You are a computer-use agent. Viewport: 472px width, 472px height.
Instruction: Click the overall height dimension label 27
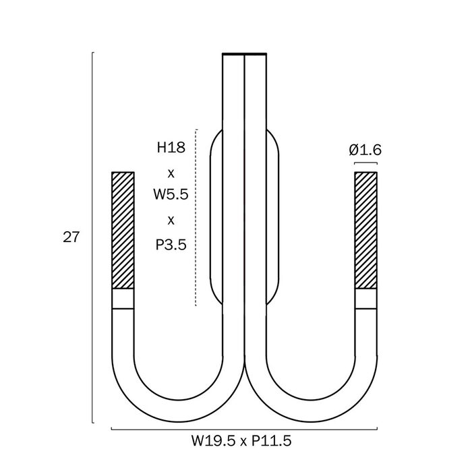click(x=71, y=237)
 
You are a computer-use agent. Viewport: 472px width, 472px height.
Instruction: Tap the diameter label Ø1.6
click(x=365, y=150)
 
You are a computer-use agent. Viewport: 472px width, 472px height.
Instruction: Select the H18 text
click(x=171, y=148)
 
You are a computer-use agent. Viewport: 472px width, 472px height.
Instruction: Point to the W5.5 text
click(x=171, y=194)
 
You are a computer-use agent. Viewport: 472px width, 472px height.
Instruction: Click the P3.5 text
click(x=171, y=244)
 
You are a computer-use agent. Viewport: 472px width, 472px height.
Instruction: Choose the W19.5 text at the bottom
click(x=213, y=441)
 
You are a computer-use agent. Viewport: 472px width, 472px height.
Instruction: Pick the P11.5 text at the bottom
click(x=272, y=441)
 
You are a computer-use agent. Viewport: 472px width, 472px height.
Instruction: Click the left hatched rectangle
click(x=123, y=231)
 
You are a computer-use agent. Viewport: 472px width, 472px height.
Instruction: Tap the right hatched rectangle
click(x=365, y=231)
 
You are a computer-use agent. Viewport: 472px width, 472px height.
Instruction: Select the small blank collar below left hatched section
click(x=123, y=299)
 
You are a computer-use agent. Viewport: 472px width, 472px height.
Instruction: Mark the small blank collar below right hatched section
click(x=365, y=299)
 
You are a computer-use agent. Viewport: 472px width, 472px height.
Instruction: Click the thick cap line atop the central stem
click(x=244, y=54)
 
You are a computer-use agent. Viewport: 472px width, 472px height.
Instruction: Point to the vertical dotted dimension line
click(x=196, y=218)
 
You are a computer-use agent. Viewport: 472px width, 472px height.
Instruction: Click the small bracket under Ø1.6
click(x=365, y=163)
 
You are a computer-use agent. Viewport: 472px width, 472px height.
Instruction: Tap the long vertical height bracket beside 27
click(x=92, y=237)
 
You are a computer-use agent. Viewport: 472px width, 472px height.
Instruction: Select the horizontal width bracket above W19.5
click(x=244, y=429)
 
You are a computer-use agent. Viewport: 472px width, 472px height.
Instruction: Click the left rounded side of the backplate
click(x=210, y=216)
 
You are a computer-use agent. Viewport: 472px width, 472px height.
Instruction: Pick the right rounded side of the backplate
click(x=278, y=216)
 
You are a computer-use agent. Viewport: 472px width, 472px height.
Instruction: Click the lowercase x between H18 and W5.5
click(x=171, y=174)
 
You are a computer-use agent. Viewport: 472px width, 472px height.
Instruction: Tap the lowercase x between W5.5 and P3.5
click(x=171, y=220)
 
